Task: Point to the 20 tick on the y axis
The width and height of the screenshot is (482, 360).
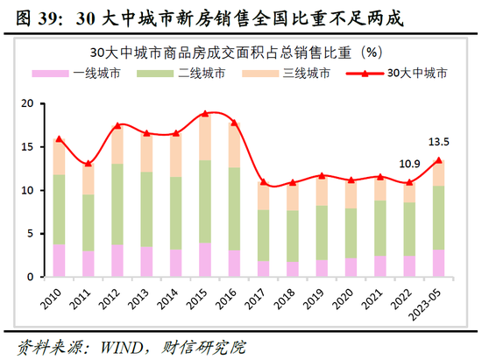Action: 26,103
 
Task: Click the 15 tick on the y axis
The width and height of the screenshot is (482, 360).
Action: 26,146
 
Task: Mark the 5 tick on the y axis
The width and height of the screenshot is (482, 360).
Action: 30,233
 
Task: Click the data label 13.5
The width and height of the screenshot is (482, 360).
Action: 438,142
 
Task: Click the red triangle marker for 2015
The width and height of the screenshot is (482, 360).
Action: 205,113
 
